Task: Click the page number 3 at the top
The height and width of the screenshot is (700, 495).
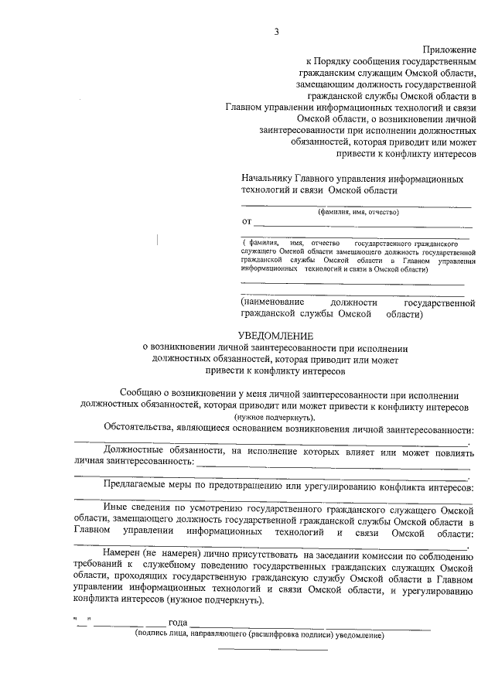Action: click(x=276, y=31)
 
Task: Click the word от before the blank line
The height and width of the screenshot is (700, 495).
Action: click(x=247, y=223)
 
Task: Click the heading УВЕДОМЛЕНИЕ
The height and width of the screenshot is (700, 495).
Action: click(x=275, y=336)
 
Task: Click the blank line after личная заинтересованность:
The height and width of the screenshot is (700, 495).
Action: click(x=333, y=466)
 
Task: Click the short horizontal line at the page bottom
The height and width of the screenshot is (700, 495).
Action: click(x=274, y=649)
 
